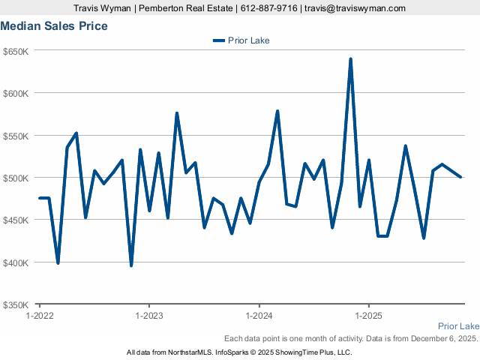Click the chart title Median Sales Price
(54, 26)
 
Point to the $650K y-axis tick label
(16, 51)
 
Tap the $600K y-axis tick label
(16, 93)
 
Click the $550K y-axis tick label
(16, 136)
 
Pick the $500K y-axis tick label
(16, 178)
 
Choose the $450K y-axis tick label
(16, 220)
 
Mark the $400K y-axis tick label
(16, 262)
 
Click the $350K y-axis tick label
(16, 304)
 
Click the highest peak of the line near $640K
(350, 59)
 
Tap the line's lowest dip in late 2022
(131, 265)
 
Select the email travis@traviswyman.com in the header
(355, 8)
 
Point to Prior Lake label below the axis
(458, 326)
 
